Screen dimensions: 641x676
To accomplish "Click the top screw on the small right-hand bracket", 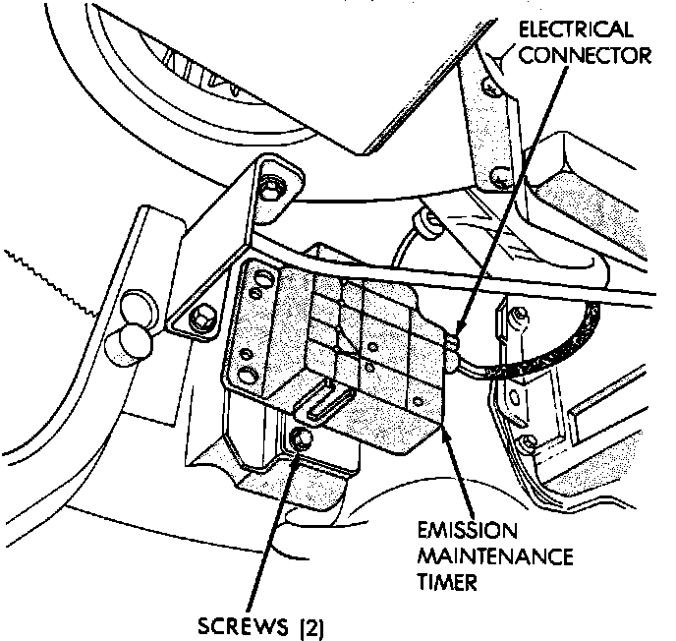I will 522,317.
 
